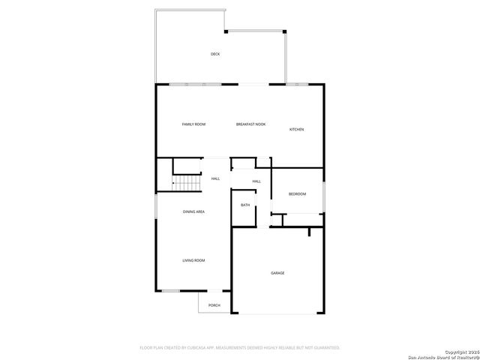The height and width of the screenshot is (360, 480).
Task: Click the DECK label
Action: tap(215, 54)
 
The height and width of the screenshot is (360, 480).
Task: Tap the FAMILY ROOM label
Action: tap(193, 124)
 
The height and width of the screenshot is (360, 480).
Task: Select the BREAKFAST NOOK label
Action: tap(250, 124)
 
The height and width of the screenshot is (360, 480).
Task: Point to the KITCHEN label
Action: tap(297, 130)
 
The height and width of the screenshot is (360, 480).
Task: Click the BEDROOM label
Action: tap(298, 194)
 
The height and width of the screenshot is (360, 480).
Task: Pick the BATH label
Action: tap(245, 205)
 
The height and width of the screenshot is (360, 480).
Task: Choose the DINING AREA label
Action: tap(193, 211)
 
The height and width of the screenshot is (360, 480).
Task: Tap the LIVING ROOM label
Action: tap(193, 260)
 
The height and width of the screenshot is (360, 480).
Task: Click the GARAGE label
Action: tap(277, 273)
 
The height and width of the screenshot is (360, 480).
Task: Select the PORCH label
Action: tap(214, 305)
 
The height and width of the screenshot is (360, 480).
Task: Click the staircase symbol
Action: tap(188, 183)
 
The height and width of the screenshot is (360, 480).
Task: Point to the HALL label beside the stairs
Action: tap(215, 178)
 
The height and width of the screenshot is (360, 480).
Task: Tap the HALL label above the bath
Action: tap(256, 181)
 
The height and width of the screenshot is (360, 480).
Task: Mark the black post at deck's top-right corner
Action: tap(284, 31)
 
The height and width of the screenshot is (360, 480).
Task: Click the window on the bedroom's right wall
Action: tap(324, 197)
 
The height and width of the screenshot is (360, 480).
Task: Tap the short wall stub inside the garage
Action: tap(309, 233)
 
